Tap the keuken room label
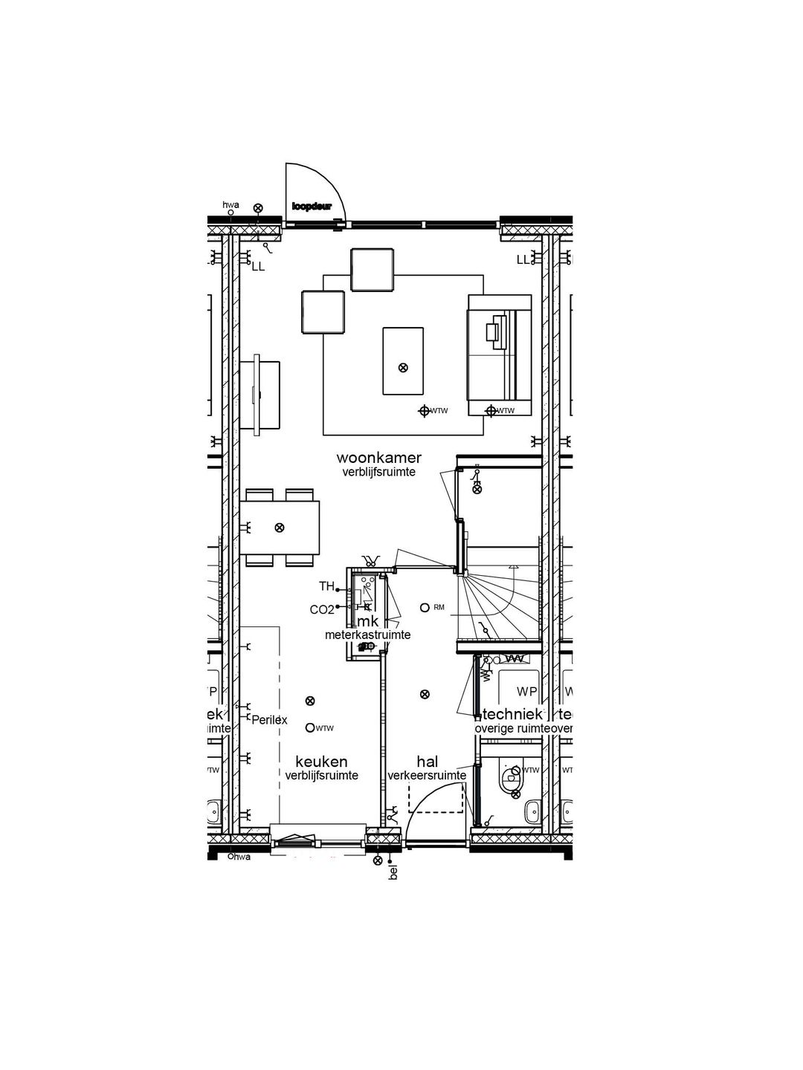321,762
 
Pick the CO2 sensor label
322,610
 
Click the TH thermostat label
326,586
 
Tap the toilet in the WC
511,779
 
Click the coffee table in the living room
403,360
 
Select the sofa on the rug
500,354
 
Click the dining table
280,527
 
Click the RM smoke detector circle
425,608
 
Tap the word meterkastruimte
367,635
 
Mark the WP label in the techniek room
526,692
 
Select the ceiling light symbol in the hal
425,694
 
